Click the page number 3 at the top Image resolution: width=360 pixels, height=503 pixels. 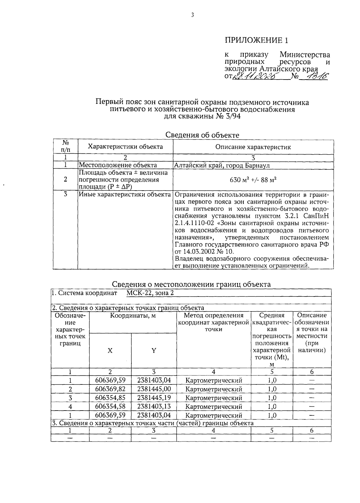point(193,15)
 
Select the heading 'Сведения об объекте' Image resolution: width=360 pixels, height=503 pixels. point(202,135)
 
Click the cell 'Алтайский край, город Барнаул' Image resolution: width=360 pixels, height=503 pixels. point(222,165)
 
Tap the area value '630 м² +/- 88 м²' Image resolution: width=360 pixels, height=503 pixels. point(253,180)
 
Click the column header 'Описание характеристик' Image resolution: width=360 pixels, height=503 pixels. point(253,147)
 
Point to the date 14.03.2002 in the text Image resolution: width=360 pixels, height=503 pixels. point(200,251)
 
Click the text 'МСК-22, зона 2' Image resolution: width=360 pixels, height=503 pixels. point(150,293)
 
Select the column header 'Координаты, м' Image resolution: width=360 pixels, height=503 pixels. point(133,315)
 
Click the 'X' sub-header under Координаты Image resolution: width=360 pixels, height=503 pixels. point(110,350)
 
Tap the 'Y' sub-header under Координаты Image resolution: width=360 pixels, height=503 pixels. point(154,350)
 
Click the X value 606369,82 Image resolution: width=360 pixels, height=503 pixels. point(110,389)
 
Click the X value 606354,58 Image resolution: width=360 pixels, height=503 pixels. point(110,406)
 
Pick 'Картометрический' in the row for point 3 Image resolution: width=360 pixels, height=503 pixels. point(214,398)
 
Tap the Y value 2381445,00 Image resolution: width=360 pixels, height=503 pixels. point(154,389)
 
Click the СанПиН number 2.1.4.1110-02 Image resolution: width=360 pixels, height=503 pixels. point(192,223)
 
